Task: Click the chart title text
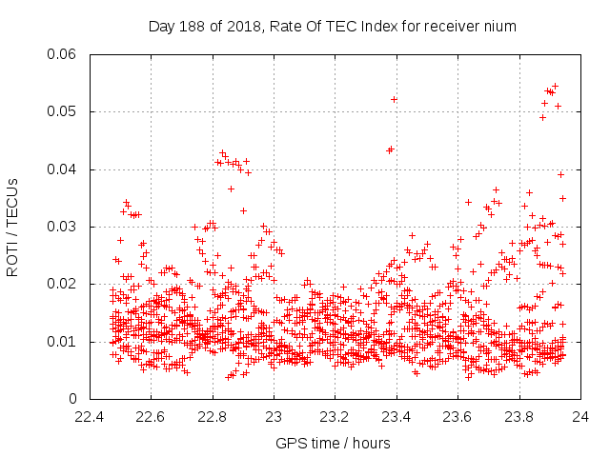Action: (332, 27)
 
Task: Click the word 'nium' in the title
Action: (499, 27)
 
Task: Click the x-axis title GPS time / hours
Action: (333, 443)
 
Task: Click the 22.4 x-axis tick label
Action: (90, 416)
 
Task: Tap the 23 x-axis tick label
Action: (274, 416)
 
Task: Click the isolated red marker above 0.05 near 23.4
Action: (394, 99)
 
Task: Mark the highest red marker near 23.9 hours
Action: (556, 86)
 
